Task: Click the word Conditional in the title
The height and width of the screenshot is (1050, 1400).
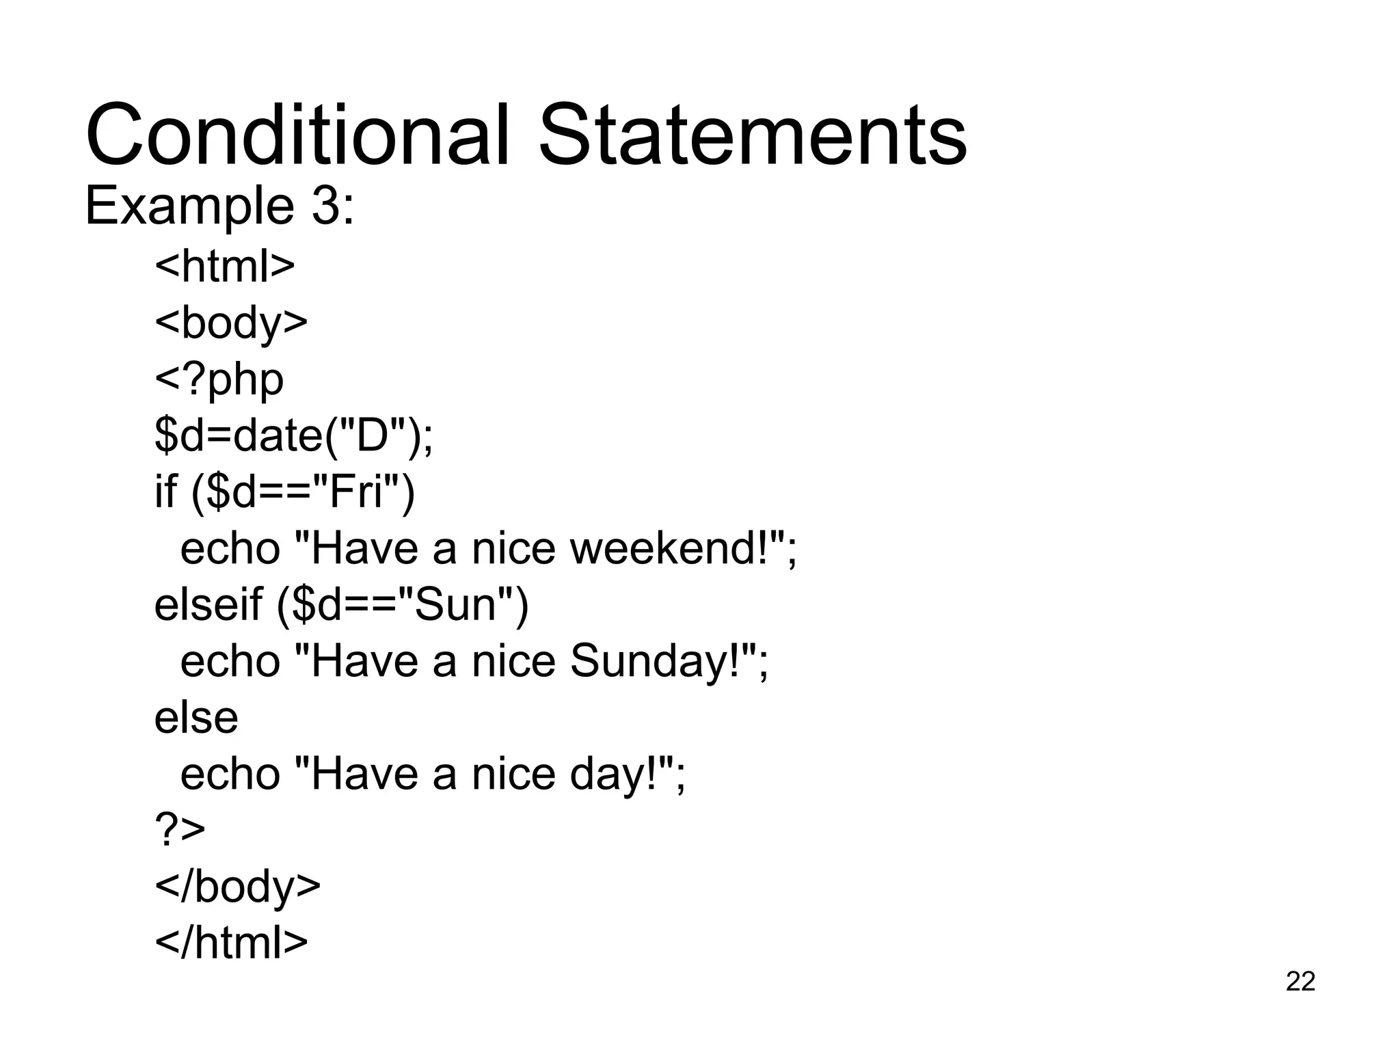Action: (298, 135)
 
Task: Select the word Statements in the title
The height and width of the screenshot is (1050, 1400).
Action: (753, 135)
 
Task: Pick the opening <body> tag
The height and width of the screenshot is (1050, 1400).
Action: (231, 323)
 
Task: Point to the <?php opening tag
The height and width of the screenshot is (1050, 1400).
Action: (219, 380)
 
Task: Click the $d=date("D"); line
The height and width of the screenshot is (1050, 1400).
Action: (294, 435)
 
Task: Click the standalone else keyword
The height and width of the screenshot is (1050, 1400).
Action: (196, 718)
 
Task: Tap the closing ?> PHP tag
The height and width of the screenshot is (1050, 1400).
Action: (180, 830)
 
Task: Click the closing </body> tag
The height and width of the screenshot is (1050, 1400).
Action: (237, 887)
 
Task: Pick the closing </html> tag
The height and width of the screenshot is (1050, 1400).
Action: (231, 943)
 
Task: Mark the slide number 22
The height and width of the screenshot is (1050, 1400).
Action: (1300, 981)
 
